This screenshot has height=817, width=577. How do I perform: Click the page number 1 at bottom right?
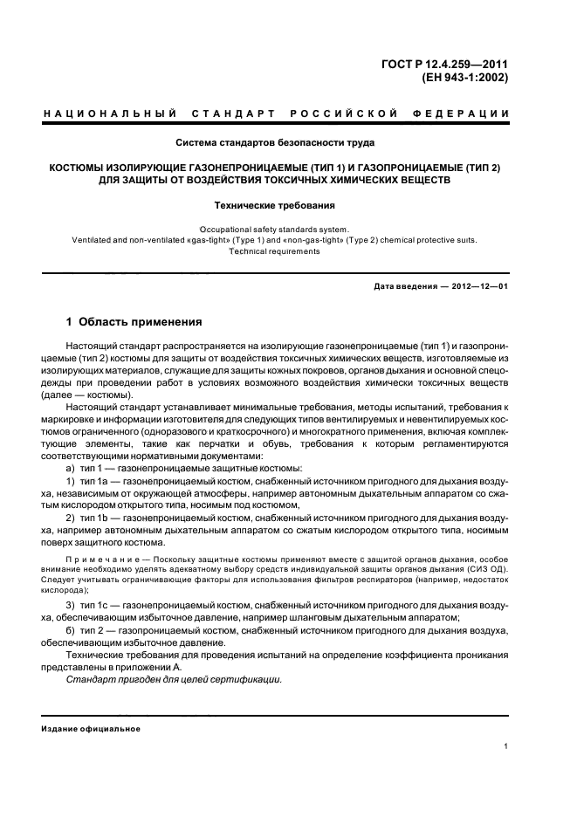[506, 746]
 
